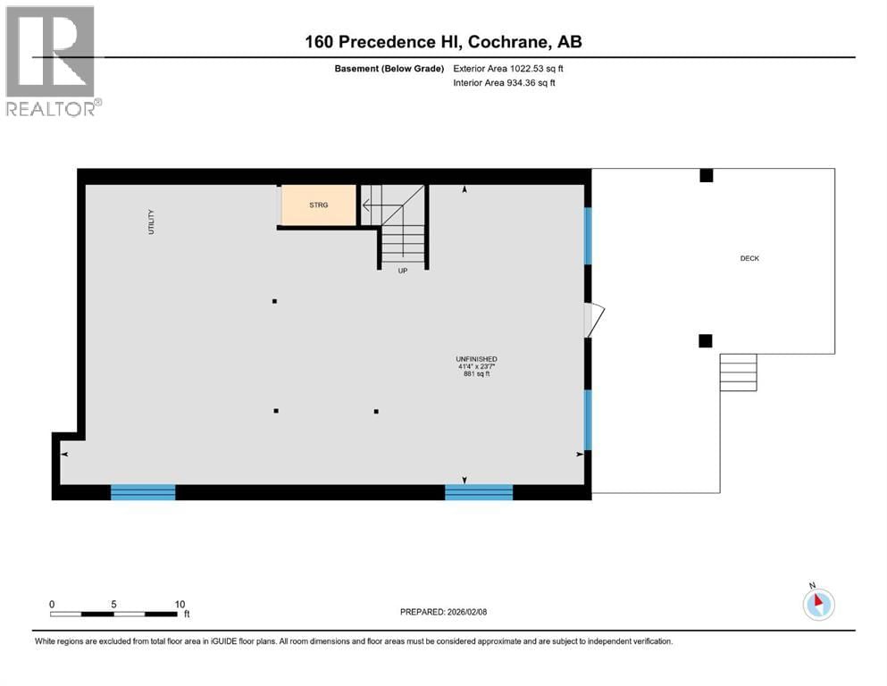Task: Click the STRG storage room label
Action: pos(319,205)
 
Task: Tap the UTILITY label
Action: pos(152,222)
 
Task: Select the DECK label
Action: pos(749,258)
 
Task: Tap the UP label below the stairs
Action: pos(403,271)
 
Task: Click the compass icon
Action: pos(818,604)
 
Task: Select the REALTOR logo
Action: pos(52,61)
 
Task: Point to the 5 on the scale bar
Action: pos(114,604)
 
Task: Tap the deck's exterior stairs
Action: pos(739,372)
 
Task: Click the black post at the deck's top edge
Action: pos(706,176)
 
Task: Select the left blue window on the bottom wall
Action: pos(143,491)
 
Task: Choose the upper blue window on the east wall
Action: pos(588,236)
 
